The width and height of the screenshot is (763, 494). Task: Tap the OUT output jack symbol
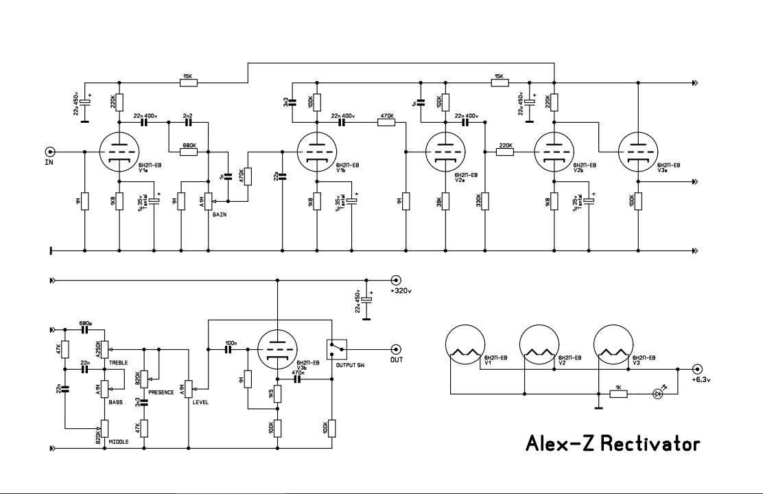395,349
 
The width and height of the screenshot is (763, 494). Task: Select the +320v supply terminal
395,280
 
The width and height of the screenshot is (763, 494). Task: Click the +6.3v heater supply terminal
698,368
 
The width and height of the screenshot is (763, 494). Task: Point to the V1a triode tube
119,152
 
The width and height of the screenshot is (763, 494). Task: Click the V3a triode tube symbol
638,152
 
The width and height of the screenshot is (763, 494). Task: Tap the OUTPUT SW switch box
336,349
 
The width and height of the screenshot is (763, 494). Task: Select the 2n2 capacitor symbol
189,123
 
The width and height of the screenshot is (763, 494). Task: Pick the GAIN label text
220,215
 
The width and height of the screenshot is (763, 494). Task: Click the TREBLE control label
119,361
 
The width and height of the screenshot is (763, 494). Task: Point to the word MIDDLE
119,443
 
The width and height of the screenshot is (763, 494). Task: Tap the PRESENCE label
161,392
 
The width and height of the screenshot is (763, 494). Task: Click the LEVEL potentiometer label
201,402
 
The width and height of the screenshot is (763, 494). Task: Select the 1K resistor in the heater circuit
620,394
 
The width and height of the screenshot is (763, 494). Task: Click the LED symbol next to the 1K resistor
658,394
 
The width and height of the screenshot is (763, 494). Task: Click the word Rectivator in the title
650,444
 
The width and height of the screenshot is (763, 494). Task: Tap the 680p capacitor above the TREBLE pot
85,330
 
